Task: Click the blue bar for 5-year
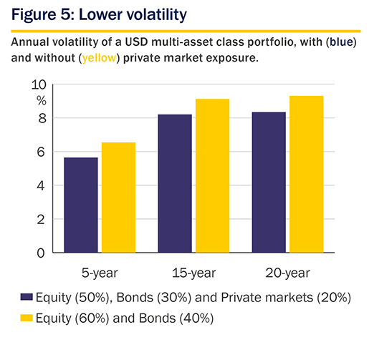81,205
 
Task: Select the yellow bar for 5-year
118,198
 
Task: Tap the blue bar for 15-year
175,183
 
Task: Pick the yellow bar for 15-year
213,175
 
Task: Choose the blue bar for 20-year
269,183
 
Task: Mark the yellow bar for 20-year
307,174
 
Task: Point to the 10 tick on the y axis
39,84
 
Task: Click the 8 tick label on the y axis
42,118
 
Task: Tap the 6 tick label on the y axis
41,152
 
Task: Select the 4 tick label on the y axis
41,185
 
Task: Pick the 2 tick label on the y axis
41,220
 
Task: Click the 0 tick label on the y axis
41,253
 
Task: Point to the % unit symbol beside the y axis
42,101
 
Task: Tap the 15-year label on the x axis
193,273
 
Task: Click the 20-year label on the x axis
287,273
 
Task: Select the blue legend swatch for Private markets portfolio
27,297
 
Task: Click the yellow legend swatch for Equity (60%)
27,318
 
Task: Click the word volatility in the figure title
157,15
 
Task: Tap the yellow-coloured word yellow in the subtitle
99,58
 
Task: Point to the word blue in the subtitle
341,42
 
